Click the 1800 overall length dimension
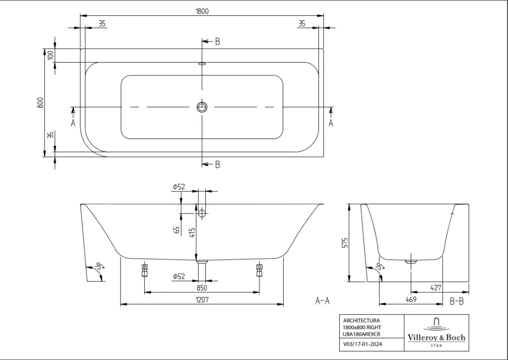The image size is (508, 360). (x=202, y=11)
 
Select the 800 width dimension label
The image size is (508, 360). (x=40, y=103)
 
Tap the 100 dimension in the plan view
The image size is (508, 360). (x=50, y=55)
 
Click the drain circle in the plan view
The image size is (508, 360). (x=202, y=107)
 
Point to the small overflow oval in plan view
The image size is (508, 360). (x=202, y=64)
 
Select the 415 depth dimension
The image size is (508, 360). (x=192, y=233)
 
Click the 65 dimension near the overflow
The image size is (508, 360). (x=177, y=230)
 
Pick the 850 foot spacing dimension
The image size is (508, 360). (x=201, y=288)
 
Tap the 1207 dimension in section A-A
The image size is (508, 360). (x=202, y=300)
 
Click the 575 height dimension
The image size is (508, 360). (x=345, y=243)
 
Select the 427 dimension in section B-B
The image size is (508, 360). (x=436, y=288)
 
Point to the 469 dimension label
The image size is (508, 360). (x=411, y=299)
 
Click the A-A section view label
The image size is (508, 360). (x=322, y=301)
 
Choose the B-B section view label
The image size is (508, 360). (x=457, y=301)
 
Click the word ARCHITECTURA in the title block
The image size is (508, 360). (x=362, y=320)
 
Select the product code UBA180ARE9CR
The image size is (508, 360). (x=362, y=334)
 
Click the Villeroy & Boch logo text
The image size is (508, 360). (x=437, y=338)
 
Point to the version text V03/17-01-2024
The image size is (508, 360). (x=363, y=344)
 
